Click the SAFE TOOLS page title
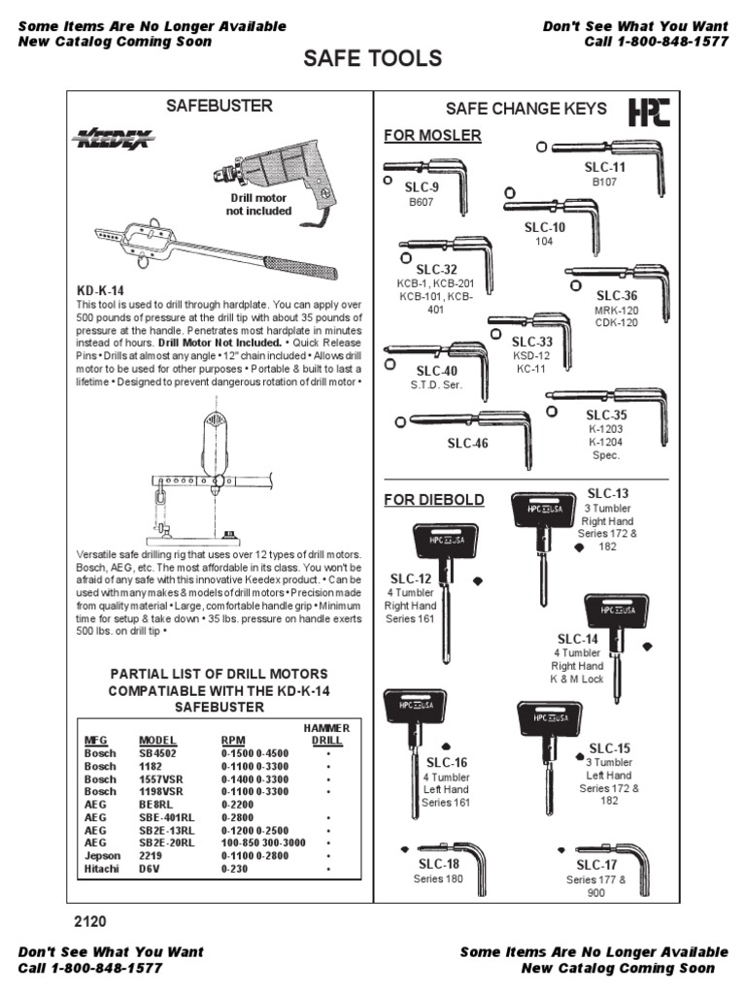pos(372,59)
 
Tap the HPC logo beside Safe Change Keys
pos(649,112)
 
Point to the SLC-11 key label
pos(606,167)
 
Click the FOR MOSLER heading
pos(432,135)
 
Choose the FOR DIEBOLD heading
pos(434,499)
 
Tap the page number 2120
pos(90,921)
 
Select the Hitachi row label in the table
pos(100,869)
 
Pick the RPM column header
pos(234,739)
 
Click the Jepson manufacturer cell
pos(102,856)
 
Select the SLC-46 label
pos(467,444)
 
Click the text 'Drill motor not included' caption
pos(258,204)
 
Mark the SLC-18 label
pos(439,864)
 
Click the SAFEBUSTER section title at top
pos(220,105)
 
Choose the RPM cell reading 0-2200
pos(238,805)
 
